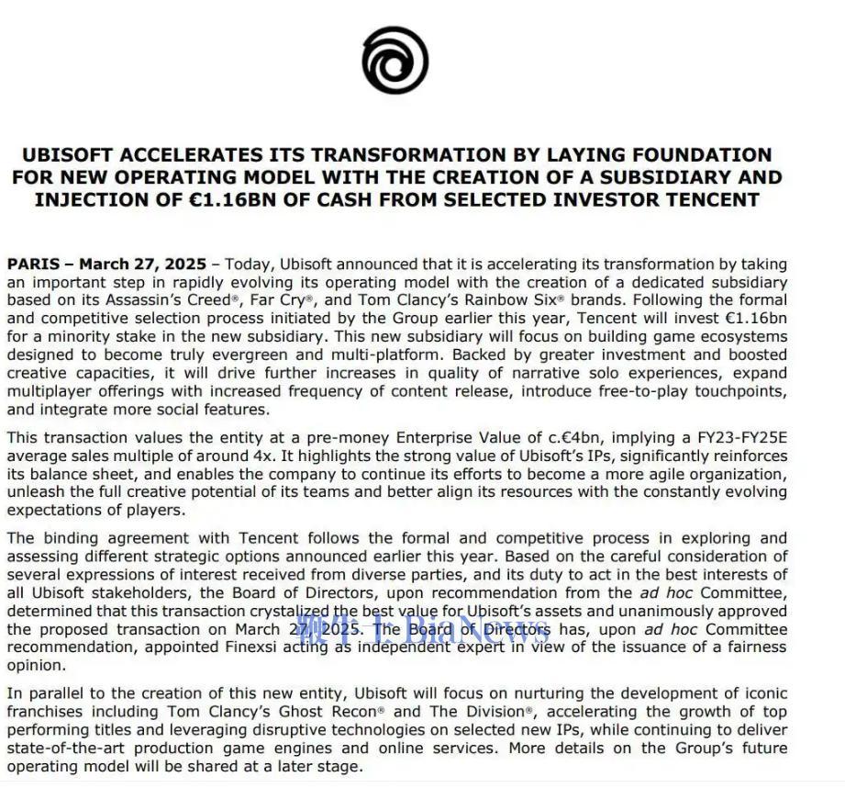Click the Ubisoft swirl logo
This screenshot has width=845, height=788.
[x=395, y=61]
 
